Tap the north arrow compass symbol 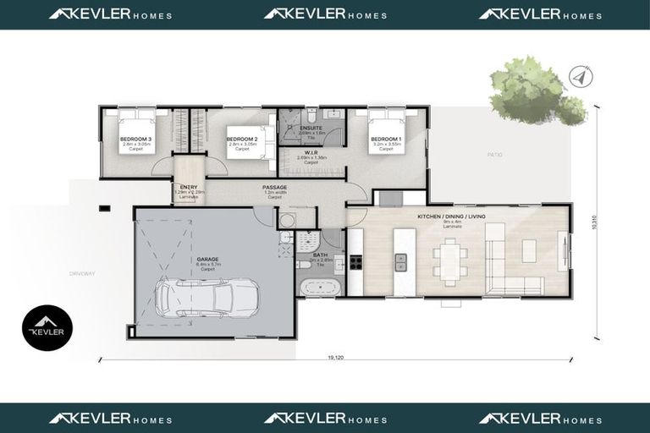pyautogui.click(x=578, y=76)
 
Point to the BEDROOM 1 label pyautogui.click(x=386, y=139)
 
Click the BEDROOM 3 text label pyautogui.click(x=135, y=139)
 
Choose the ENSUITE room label pyautogui.click(x=311, y=128)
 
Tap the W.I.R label pyautogui.click(x=311, y=152)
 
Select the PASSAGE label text pyautogui.click(x=274, y=187)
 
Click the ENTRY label pyautogui.click(x=188, y=187)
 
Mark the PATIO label pyautogui.click(x=494, y=155)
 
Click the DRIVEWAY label pyautogui.click(x=83, y=273)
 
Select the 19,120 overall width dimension pyautogui.click(x=335, y=359)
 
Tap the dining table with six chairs pyautogui.click(x=449, y=260)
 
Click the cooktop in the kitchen pyautogui.click(x=356, y=261)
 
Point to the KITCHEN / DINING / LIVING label pyautogui.click(x=452, y=216)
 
